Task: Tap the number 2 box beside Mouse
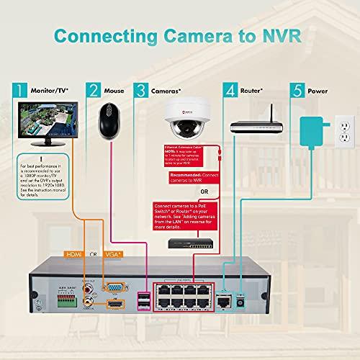93,90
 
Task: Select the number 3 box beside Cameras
141,90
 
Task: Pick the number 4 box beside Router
231,90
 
